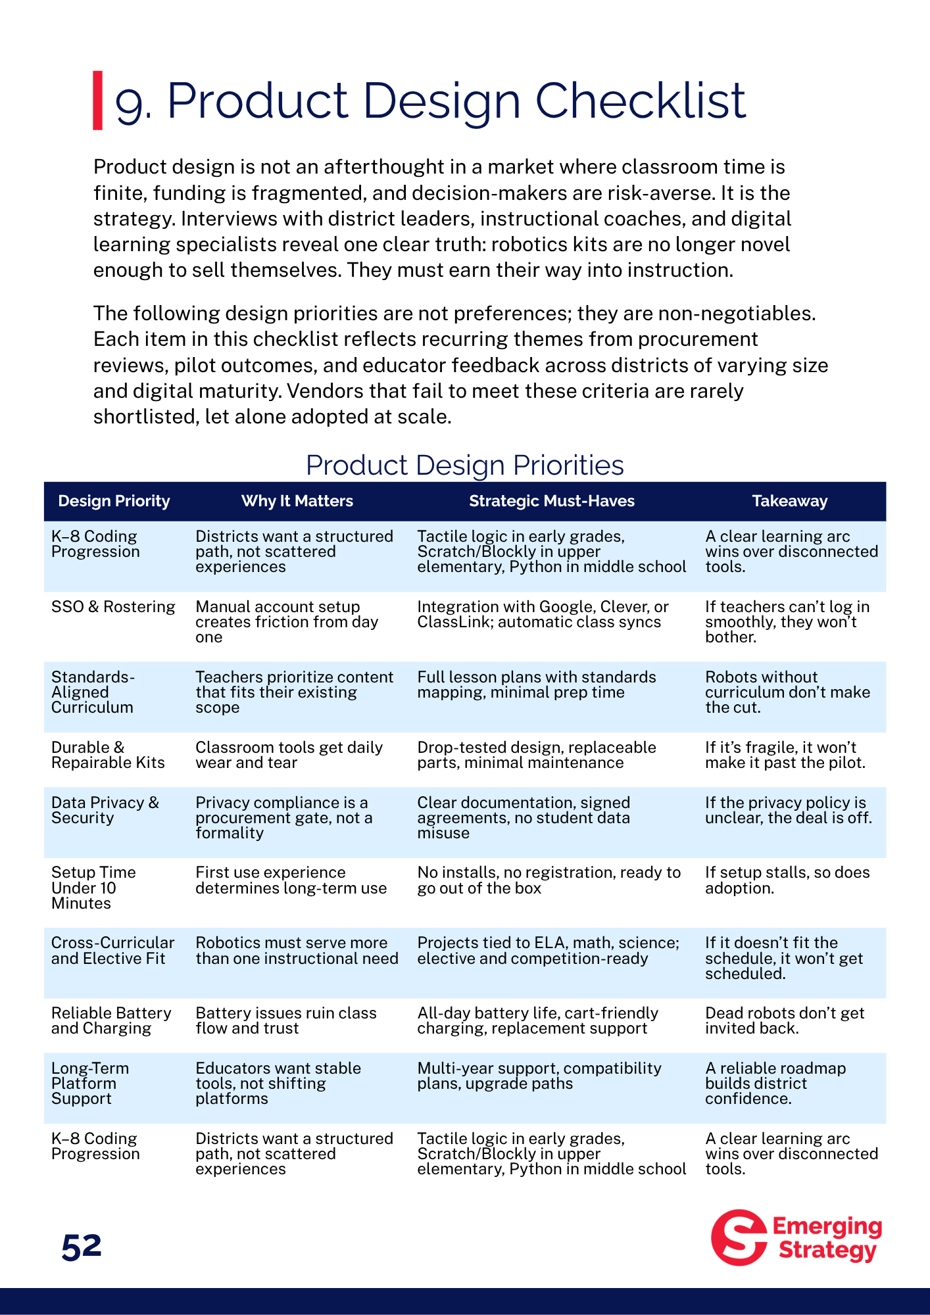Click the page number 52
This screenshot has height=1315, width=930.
click(82, 1247)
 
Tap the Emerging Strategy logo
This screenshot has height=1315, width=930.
click(796, 1237)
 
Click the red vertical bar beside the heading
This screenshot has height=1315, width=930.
click(97, 100)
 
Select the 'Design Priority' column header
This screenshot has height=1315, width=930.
click(114, 501)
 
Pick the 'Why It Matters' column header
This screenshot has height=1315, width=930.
click(297, 501)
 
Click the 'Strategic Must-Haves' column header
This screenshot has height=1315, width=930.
click(551, 501)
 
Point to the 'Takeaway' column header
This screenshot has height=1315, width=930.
click(789, 501)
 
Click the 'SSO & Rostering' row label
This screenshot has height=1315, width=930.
click(113, 607)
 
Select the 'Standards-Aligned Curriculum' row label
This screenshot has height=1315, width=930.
click(93, 692)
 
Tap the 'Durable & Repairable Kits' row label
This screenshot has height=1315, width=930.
click(108, 755)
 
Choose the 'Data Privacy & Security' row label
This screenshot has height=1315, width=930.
click(105, 810)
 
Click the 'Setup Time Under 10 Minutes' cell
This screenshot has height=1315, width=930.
click(93, 888)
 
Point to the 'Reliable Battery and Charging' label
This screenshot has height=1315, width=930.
click(111, 1020)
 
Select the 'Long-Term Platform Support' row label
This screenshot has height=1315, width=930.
click(90, 1083)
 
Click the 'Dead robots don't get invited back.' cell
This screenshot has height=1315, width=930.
click(784, 1020)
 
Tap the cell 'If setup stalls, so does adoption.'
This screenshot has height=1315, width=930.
click(787, 880)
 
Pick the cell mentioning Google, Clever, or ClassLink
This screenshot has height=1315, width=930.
click(543, 614)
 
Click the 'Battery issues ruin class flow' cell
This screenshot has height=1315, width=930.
click(286, 1020)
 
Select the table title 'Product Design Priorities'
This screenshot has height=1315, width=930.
click(464, 465)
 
